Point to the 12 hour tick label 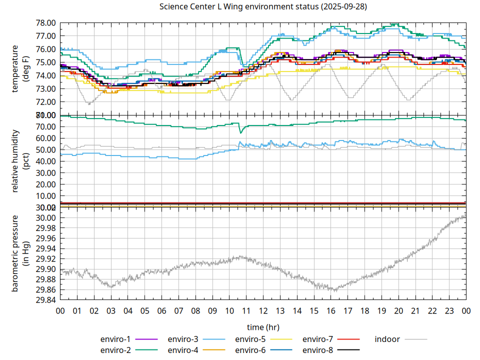[263, 311]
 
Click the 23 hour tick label [449, 311]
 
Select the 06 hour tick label [162, 311]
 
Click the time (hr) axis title [263, 327]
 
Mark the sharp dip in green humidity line [241, 132]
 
